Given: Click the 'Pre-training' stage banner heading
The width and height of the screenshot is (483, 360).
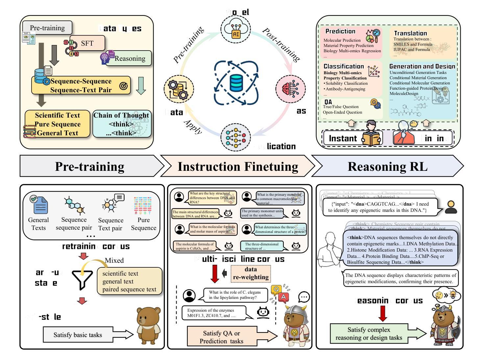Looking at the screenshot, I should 89,167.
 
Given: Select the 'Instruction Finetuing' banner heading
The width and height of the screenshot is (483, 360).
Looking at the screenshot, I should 238,167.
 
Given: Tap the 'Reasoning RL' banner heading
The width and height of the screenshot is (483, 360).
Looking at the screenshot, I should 387,167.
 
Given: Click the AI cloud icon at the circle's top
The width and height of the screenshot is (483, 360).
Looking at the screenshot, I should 235,29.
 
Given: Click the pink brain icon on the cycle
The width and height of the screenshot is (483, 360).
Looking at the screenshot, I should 290,89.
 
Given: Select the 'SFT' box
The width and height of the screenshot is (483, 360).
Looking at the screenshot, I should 87,43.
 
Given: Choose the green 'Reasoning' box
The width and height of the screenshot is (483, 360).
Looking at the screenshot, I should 130,58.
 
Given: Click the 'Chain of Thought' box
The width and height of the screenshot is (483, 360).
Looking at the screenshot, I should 121,124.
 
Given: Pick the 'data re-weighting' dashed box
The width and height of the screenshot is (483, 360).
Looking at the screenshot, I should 251,273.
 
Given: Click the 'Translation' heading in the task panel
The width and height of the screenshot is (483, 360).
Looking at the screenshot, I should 410,33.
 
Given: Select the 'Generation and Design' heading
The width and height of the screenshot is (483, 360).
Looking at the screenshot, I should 422,66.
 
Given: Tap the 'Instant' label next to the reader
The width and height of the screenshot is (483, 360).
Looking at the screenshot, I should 343,138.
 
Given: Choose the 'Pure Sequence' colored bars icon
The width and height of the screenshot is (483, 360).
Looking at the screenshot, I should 143,206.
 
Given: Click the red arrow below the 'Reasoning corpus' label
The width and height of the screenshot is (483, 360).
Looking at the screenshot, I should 382,313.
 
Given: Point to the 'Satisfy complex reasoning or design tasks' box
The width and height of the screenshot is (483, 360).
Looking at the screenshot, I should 369,334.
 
